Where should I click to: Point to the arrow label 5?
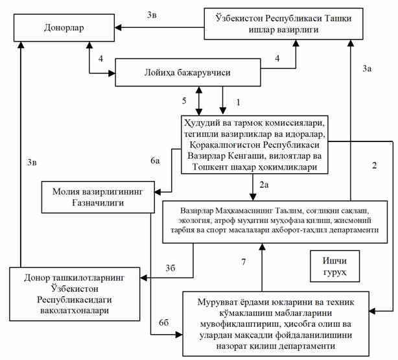184,101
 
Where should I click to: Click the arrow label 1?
238,102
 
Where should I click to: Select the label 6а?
155,161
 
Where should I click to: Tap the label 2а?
264,185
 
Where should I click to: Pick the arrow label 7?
244,261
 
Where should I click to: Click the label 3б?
170,268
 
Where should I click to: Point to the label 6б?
164,322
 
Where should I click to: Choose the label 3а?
367,68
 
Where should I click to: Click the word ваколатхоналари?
75,311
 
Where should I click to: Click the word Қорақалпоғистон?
224,145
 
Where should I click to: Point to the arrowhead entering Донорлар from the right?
118,27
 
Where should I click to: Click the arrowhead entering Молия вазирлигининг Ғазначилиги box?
158,192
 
